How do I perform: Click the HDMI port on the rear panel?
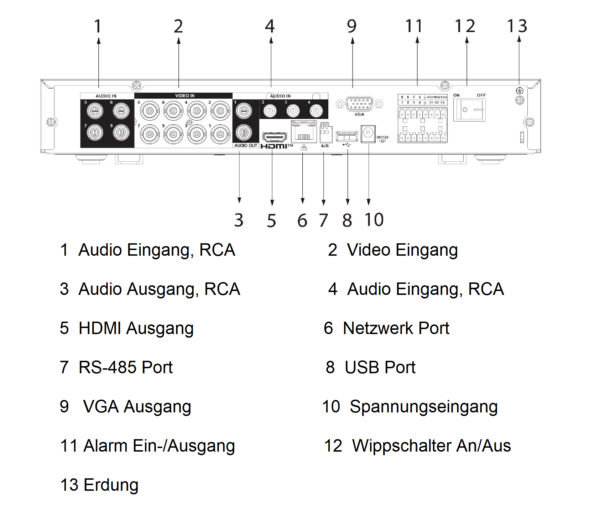(274, 137)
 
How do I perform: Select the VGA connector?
(359, 104)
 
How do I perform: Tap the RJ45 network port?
(303, 132)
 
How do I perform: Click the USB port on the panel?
(347, 136)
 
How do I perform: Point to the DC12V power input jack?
(368, 134)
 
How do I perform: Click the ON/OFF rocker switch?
(469, 110)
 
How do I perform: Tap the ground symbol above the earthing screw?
(519, 91)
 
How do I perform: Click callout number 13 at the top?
(517, 26)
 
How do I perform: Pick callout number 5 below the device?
(271, 220)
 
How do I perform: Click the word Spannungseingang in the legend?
(423, 406)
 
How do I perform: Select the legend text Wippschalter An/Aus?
(431, 446)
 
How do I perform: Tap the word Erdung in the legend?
(111, 485)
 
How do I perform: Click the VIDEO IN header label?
(184, 95)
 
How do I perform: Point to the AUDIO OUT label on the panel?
(245, 145)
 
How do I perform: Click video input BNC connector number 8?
(150, 111)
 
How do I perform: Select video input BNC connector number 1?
(220, 134)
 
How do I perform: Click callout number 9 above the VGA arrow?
(351, 26)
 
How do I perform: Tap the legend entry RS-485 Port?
(125, 367)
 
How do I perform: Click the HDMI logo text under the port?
(274, 146)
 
